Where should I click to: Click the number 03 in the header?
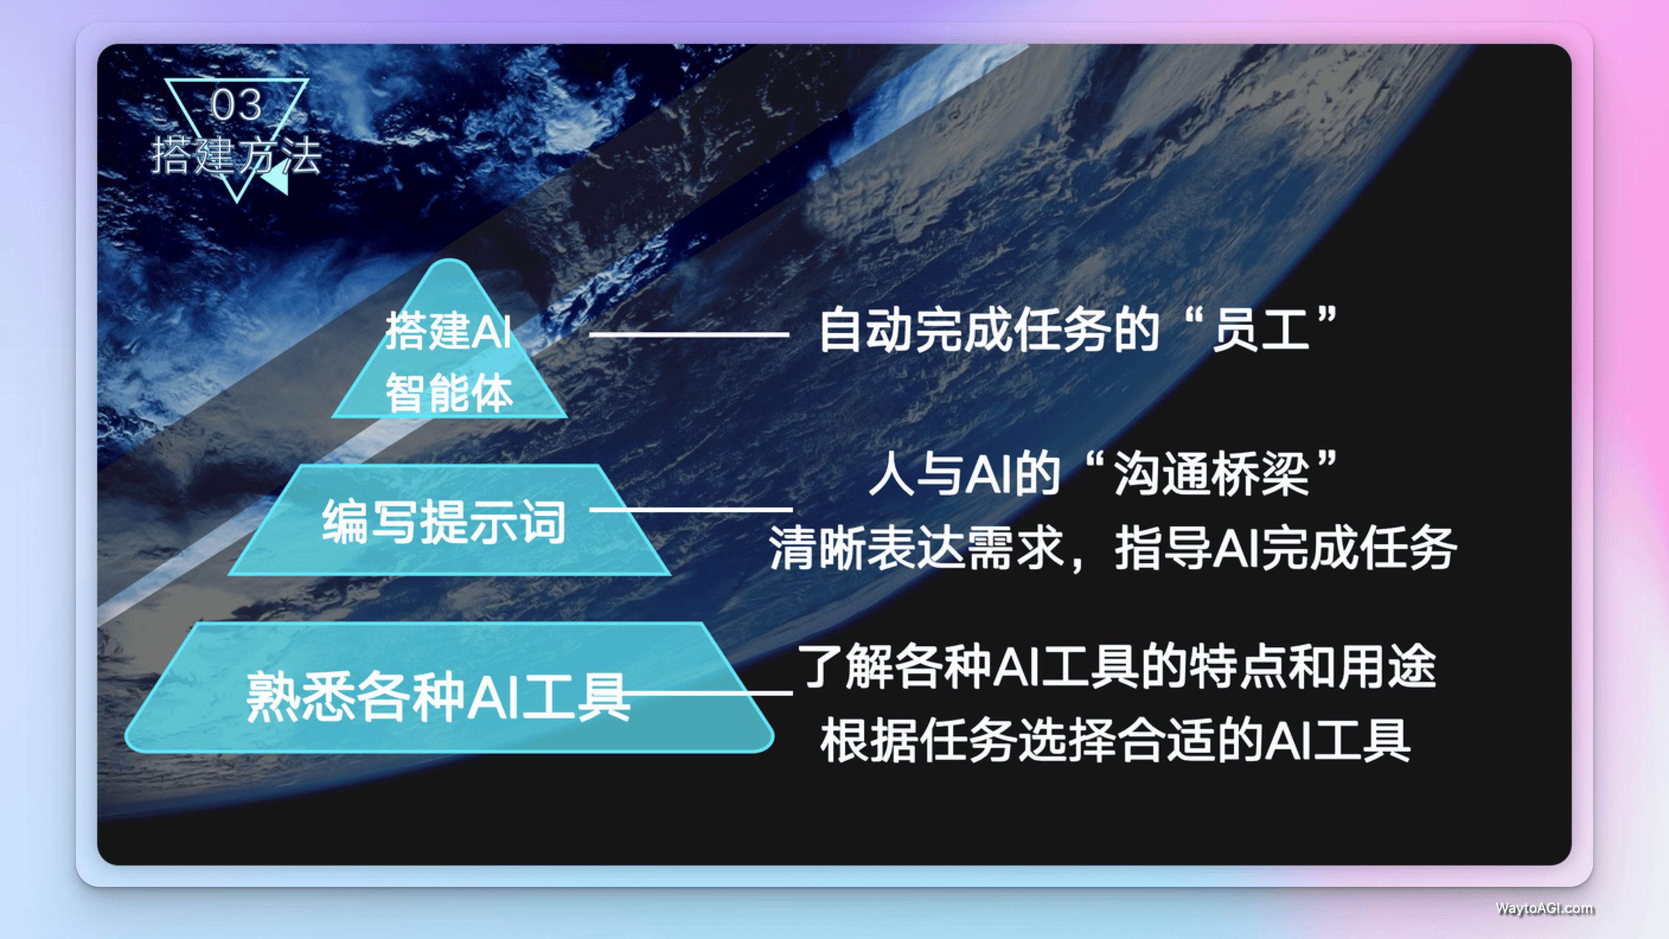pos(236,105)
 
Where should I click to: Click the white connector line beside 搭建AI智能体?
pos(689,334)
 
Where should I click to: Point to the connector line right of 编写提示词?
pos(690,509)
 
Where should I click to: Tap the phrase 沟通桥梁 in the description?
pos(1211,474)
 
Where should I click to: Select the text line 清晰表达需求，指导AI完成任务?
pos(1112,548)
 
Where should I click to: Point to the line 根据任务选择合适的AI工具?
pos(1115,740)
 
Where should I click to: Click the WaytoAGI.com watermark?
pos(1545,908)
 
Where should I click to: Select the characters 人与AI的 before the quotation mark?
pos(964,474)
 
